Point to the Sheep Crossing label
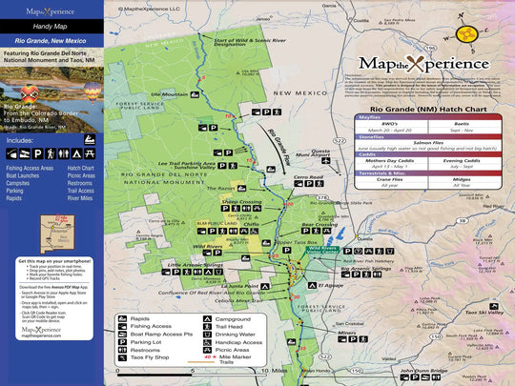pyautogui.click(x=241, y=203)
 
